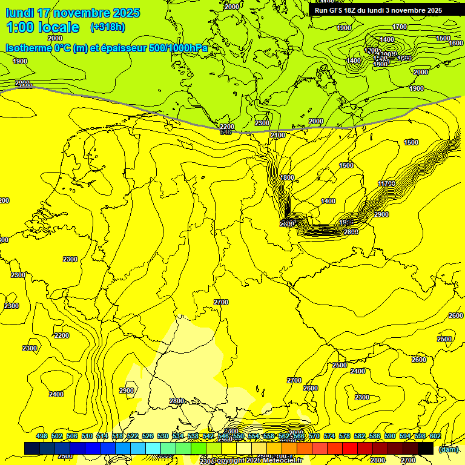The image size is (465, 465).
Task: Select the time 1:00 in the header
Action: [19, 27]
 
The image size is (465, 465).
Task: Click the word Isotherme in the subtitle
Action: [28, 48]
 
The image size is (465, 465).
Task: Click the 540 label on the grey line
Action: [226, 132]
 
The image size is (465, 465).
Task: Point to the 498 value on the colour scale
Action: [42, 436]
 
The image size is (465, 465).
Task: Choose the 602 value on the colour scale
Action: [435, 436]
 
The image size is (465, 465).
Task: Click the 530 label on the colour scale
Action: [163, 436]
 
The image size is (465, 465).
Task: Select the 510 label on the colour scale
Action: [87, 436]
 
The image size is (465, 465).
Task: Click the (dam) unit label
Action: [448, 449]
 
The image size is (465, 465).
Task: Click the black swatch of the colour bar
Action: [426, 448]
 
